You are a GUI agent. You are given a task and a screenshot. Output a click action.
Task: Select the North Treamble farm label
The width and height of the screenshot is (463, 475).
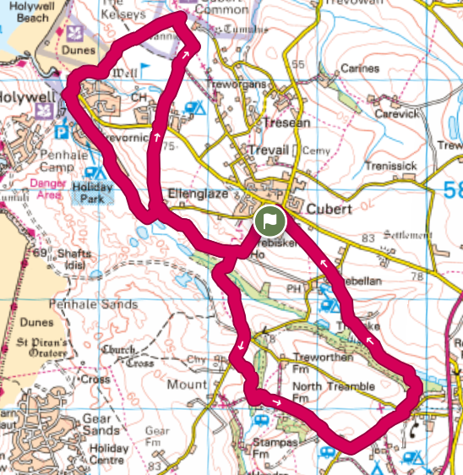[x=333, y=386]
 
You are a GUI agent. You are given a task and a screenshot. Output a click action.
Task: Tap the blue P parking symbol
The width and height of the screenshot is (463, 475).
[x=61, y=132]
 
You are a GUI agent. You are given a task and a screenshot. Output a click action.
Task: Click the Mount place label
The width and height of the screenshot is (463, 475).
[x=188, y=385]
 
